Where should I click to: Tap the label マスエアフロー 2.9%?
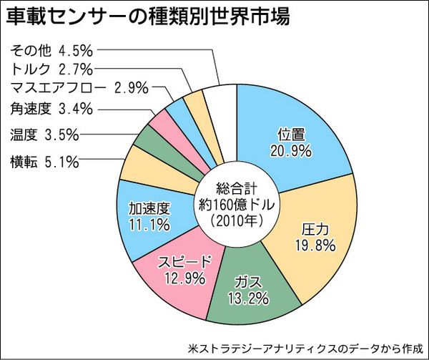coord(79,89)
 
